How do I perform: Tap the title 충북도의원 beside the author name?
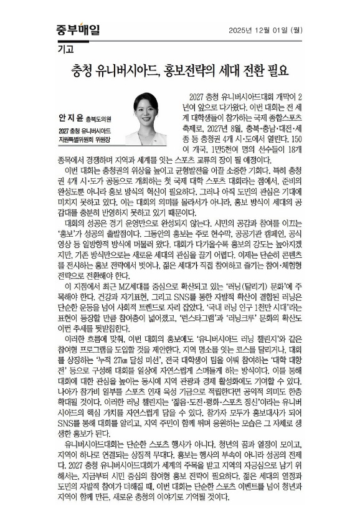(94, 118)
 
